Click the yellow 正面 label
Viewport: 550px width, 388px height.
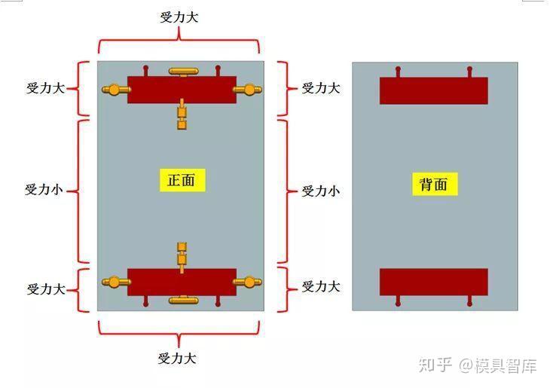[x=181, y=180]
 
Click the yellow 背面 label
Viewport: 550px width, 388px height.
[x=434, y=185]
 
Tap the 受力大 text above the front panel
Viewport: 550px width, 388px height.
[x=179, y=17]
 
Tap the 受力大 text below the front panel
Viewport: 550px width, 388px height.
[x=177, y=359]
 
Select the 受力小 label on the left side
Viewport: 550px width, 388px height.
[x=44, y=190]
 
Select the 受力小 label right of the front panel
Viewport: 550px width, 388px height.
[x=320, y=191]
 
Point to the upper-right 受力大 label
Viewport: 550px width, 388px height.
[x=320, y=88]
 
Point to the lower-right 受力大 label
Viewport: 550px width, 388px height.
[x=320, y=287]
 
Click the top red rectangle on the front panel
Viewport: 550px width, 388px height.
[x=181, y=89]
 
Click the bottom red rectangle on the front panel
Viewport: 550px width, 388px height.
[x=181, y=282]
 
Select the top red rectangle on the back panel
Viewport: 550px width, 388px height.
[x=433, y=90]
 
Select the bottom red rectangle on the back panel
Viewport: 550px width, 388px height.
[x=433, y=282]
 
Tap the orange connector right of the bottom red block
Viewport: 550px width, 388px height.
[x=247, y=283]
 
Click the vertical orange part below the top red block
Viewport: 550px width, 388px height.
[x=182, y=114]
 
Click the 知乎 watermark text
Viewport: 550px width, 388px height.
[x=435, y=366]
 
